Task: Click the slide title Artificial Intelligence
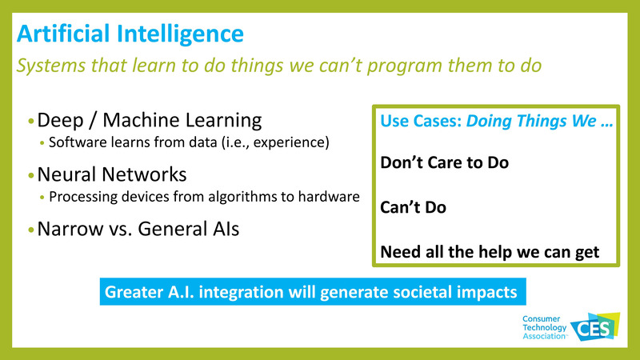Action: pos(130,34)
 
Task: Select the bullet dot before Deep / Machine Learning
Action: pos(31,122)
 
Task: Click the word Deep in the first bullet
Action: pos(61,121)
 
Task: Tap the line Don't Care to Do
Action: pos(444,162)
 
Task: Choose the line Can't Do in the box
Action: pos(413,207)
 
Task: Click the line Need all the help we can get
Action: pos(490,251)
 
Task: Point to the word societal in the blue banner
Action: pos(414,292)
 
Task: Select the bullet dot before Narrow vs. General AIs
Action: pos(31,229)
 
